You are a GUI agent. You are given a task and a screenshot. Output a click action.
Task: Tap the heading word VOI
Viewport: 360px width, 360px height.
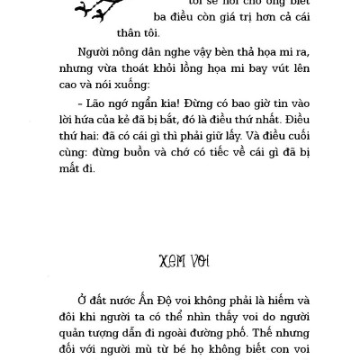coord(198,261)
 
